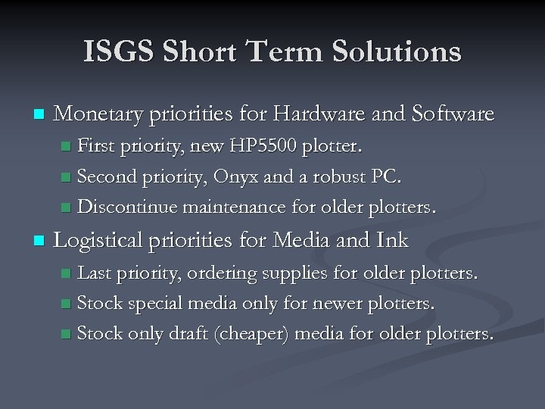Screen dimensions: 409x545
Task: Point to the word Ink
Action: click(x=391, y=240)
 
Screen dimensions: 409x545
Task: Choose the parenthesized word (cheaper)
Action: click(x=255, y=334)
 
